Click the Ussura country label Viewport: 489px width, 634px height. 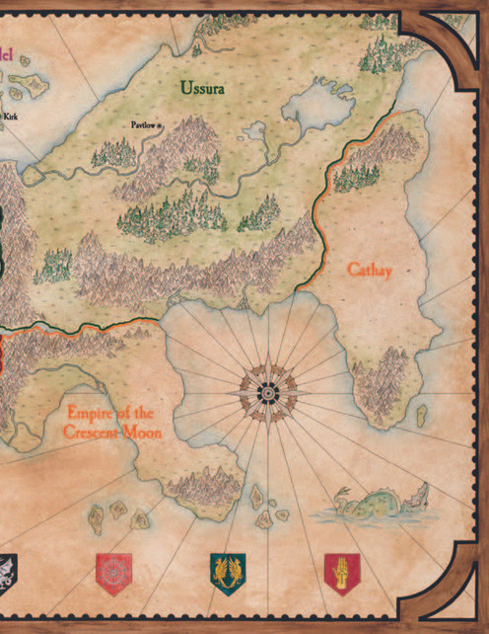(202, 88)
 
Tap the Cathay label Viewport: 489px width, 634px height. (370, 270)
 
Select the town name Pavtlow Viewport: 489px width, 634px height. (143, 125)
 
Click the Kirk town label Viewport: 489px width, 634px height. (11, 117)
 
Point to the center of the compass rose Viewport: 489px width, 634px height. (265, 392)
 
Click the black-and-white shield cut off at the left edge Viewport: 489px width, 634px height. (7, 571)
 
